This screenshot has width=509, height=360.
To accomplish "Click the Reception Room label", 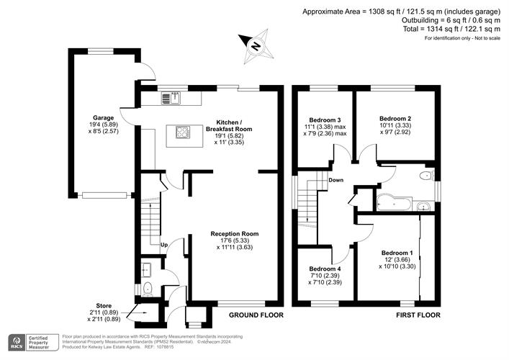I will coord(234,233).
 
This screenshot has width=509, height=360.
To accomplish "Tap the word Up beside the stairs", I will coord(163,245).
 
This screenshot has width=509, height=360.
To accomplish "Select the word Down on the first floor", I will coord(335,180).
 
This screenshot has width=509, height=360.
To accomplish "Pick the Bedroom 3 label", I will coord(325,119).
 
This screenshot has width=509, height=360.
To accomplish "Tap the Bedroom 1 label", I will coord(397,253).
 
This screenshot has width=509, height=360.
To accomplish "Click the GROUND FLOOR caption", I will coord(256,315).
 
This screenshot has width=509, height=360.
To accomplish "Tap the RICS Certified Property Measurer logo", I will coord(33,342).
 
